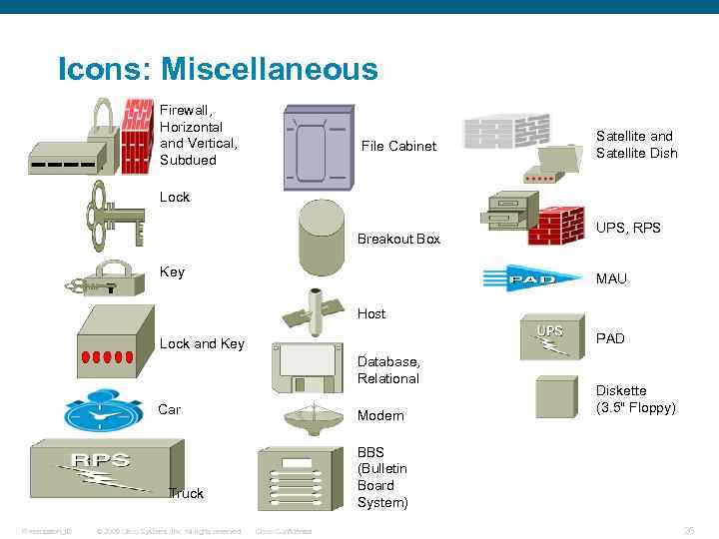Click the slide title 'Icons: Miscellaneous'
pyautogui.click(x=218, y=69)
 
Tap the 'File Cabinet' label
pyautogui.click(x=398, y=146)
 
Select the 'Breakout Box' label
pyautogui.click(x=398, y=239)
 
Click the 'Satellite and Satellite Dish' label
pyautogui.click(x=636, y=144)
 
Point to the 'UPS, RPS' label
pyautogui.click(x=628, y=228)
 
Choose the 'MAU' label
pyautogui.click(x=611, y=278)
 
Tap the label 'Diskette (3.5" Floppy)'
pyautogui.click(x=635, y=399)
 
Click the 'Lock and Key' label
pyautogui.click(x=202, y=343)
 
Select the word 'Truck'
pyautogui.click(x=186, y=493)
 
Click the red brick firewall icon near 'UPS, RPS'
pyautogui.click(x=555, y=226)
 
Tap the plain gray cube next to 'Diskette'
pyautogui.click(x=556, y=396)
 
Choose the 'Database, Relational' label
pyautogui.click(x=388, y=369)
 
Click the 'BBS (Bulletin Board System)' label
pyautogui.click(x=382, y=476)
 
